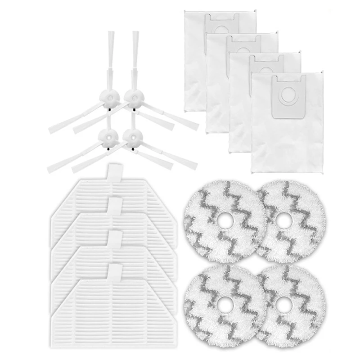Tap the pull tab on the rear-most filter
point(114,173)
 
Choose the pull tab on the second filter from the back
point(114,207)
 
